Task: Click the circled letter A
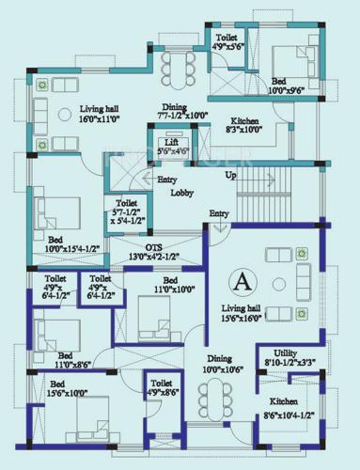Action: tap(243, 280)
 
